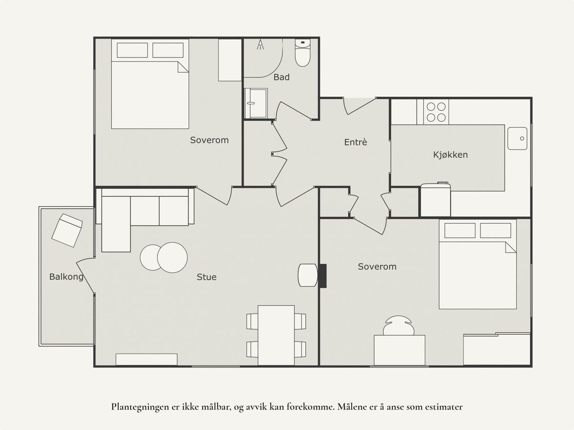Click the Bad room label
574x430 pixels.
pos(281,77)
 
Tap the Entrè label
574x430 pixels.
pos(356,142)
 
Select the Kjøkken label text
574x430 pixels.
pos(450,155)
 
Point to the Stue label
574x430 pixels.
pos(206,277)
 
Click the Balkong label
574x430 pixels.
pos(66,277)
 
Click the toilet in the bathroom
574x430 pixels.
pos(302,52)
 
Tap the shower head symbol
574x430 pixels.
pos(260,44)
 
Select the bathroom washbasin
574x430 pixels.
pos(256,103)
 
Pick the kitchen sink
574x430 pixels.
pos(517,139)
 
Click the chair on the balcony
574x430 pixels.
pos(67,230)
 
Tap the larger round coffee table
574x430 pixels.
pos(172,258)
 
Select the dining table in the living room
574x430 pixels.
pos(276,335)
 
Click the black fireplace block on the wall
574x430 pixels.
pos(323,276)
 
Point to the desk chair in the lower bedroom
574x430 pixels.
pos(399,326)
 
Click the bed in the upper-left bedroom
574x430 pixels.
pos(150,84)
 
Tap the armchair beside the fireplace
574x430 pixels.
pos(308,275)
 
